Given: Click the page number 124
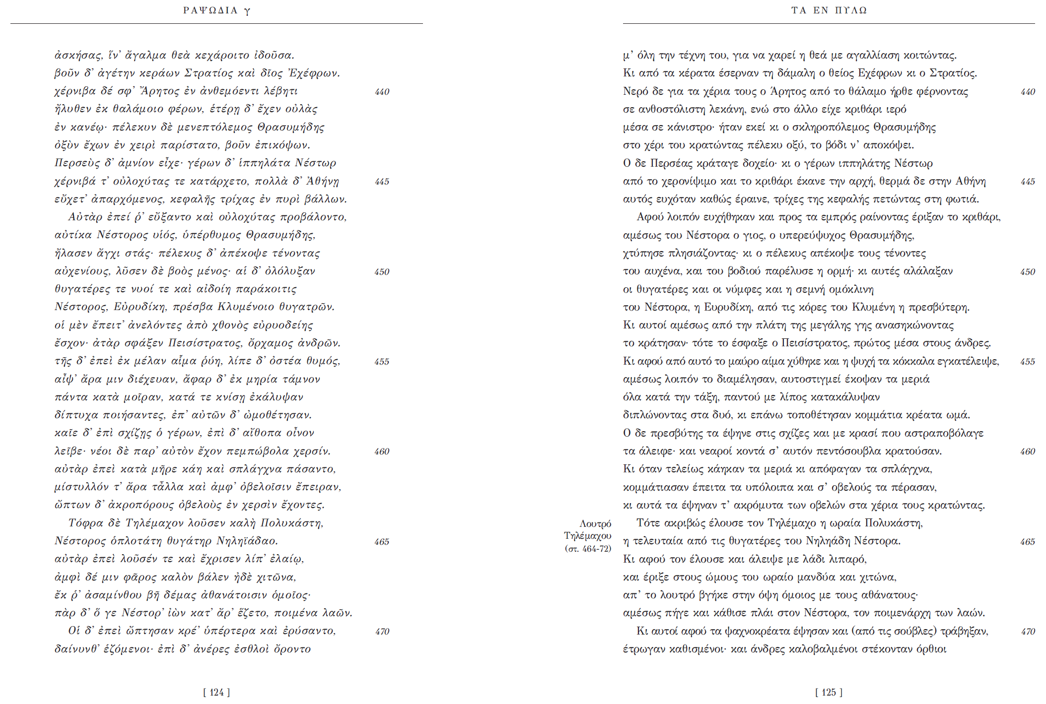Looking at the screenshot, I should click(x=216, y=692).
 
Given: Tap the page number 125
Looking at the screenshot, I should click(x=829, y=692).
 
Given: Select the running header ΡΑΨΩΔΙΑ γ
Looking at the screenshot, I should click(x=216, y=10).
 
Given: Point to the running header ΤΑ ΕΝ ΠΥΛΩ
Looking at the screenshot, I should click(x=829, y=10).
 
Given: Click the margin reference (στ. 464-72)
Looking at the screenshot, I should click(x=588, y=548).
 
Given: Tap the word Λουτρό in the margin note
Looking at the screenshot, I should click(x=595, y=523).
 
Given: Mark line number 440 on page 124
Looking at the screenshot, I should click(x=382, y=92).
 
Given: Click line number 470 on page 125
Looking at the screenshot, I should click(x=1028, y=632).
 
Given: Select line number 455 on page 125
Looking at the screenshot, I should click(x=1028, y=362).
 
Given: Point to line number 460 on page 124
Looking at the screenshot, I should click(x=382, y=451).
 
